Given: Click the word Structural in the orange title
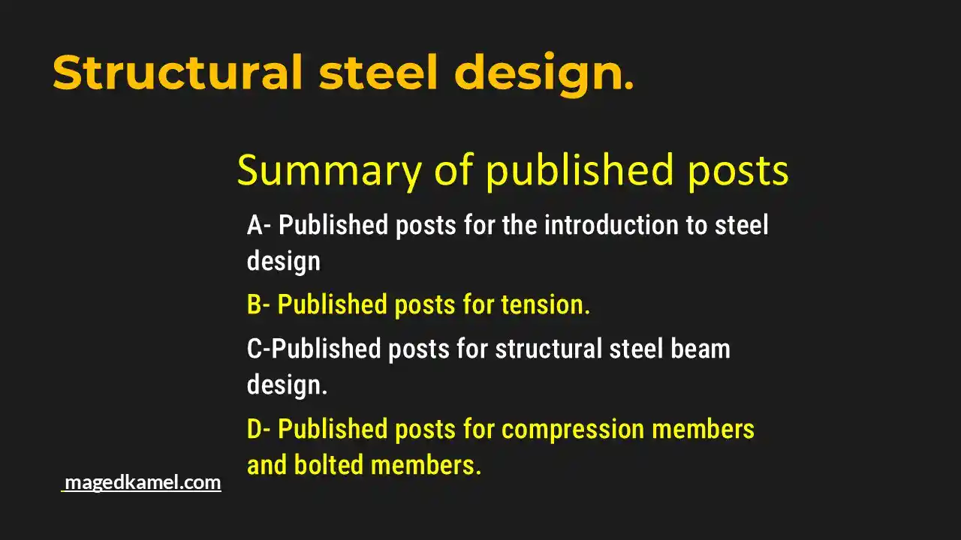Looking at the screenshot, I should [x=177, y=73].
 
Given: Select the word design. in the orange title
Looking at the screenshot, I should [x=544, y=73].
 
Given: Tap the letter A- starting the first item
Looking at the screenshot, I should [x=259, y=225].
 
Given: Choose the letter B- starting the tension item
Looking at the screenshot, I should [x=259, y=305].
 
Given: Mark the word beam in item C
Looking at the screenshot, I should [x=702, y=349].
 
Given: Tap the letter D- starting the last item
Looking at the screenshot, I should [x=259, y=430].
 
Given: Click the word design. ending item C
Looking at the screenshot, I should [x=288, y=385].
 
